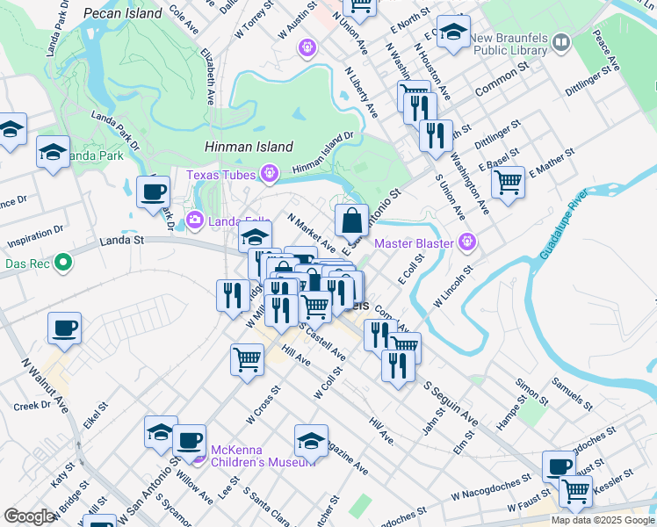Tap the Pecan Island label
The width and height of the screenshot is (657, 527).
pyautogui.click(x=123, y=13)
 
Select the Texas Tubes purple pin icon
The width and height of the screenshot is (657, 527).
pyautogui.click(x=270, y=175)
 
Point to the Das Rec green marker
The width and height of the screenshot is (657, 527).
pyautogui.click(x=62, y=262)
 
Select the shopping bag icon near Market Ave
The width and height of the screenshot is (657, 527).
pyautogui.click(x=351, y=220)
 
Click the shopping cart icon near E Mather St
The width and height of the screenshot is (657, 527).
pyautogui.click(x=508, y=183)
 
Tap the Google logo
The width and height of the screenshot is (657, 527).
pyautogui.click(x=29, y=517)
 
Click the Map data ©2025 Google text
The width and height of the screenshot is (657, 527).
pyautogui.click(x=603, y=520)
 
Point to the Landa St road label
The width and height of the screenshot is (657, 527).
pyautogui.click(x=122, y=239)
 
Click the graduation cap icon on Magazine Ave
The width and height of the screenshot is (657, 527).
pyautogui.click(x=311, y=441)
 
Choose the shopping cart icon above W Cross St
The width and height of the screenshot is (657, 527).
pyautogui.click(x=247, y=358)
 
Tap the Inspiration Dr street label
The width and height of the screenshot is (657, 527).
pyautogui.click(x=35, y=236)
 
